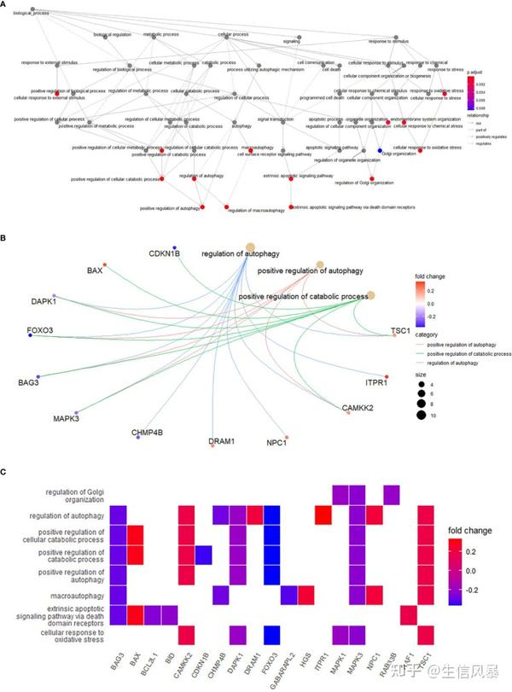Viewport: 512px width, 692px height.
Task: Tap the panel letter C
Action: [5, 471]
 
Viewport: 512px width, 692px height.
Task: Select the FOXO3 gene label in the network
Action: [16, 329]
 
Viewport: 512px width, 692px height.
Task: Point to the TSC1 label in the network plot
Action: [401, 330]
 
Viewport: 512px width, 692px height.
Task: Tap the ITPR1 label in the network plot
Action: [377, 384]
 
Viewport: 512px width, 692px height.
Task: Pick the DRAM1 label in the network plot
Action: [222, 441]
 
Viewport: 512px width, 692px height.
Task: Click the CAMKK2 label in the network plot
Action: [358, 409]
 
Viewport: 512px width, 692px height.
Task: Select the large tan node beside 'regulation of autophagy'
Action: [250, 247]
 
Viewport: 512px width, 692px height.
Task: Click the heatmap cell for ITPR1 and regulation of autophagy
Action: [323, 515]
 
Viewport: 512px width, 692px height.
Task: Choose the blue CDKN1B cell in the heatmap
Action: [204, 555]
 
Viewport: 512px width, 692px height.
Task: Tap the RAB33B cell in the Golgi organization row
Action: [392, 495]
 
